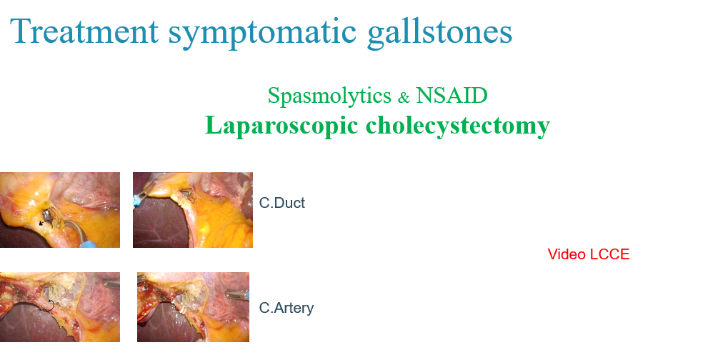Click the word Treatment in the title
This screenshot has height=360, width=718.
[84, 31]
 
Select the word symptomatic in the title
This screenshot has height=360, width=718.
[262, 33]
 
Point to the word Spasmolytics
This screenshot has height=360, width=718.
[329, 96]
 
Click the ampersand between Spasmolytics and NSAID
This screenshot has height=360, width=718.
[404, 97]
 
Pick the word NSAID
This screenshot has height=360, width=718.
[452, 95]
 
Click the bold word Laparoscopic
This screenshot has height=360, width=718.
[281, 125]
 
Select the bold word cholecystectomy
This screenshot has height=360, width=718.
[458, 125]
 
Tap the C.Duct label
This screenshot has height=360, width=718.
[282, 203]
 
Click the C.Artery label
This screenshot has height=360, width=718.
[286, 308]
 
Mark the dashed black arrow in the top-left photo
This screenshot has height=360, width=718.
[46, 222]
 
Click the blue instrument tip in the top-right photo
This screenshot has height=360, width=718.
[137, 200]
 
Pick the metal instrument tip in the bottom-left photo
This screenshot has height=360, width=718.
[112, 284]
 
